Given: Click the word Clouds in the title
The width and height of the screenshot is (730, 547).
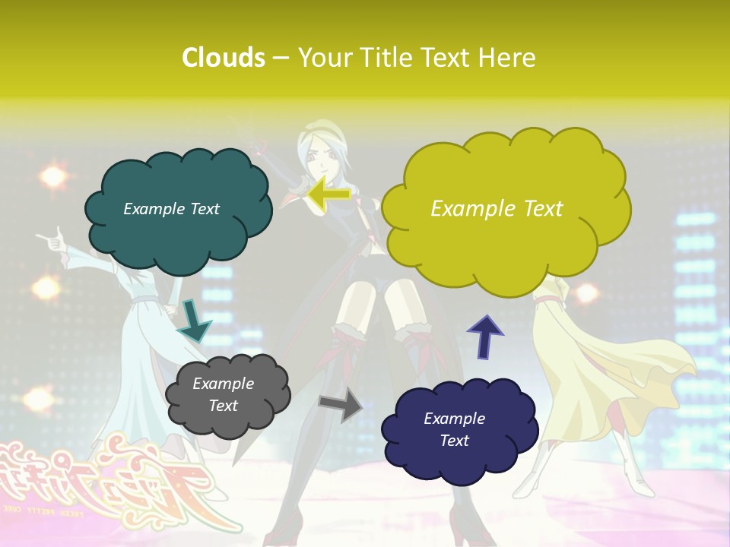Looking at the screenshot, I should click(224, 58).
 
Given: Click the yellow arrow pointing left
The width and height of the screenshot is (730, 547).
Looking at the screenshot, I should click(328, 194).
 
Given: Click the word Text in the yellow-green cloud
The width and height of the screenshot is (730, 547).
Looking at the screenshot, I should click(538, 209).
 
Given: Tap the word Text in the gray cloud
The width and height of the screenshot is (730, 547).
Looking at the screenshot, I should click(223, 406).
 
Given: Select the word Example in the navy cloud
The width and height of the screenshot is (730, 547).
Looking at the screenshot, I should click(454, 419).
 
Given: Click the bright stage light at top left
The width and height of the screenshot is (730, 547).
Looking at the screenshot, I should click(52, 177).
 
